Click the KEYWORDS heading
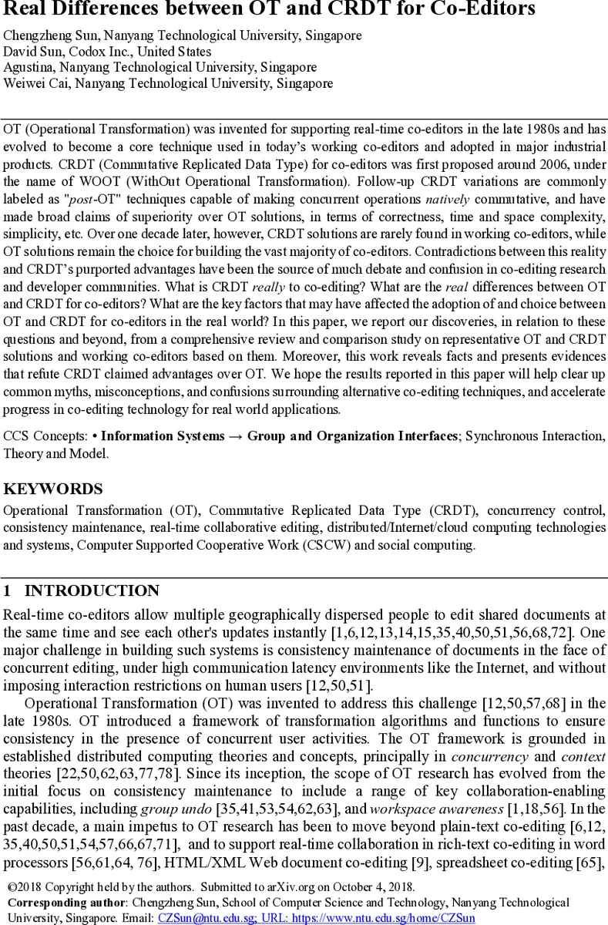pos(52,489)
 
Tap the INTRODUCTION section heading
pos(92,591)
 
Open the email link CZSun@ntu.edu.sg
pos(205,918)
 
